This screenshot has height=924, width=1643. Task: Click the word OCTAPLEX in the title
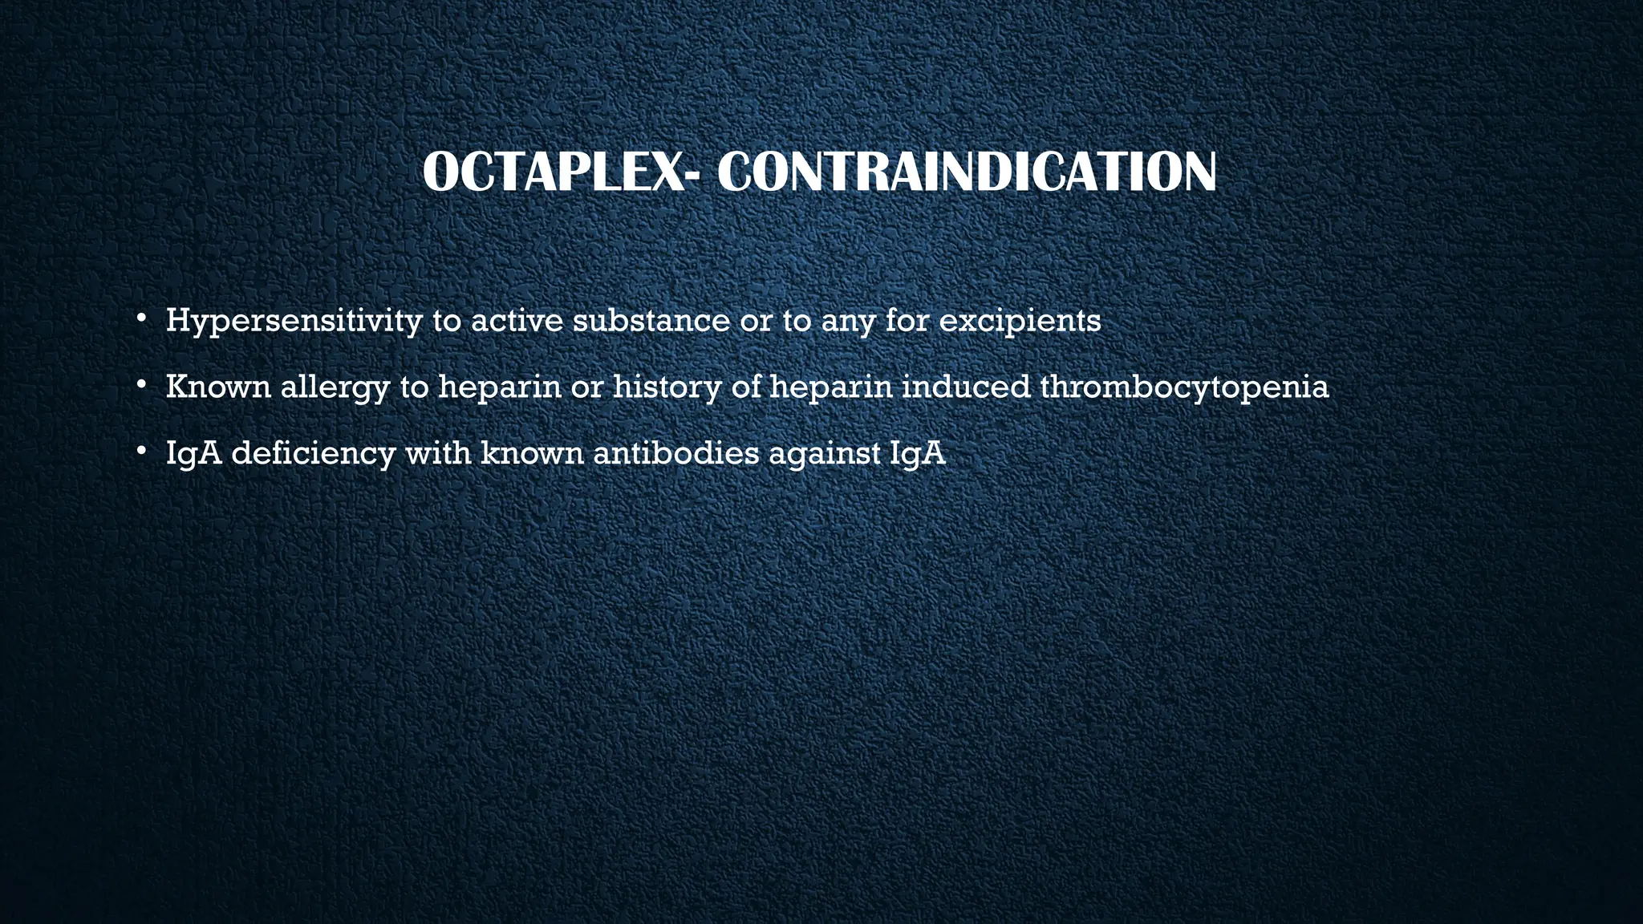[553, 172]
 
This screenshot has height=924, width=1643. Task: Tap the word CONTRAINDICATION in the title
[966, 172]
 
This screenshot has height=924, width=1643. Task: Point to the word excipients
[1020, 321]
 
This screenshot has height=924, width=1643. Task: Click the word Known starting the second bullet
[218, 387]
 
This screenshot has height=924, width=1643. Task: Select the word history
[666, 387]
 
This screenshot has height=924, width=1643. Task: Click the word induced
[966, 387]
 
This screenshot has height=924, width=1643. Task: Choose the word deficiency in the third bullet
[314, 454]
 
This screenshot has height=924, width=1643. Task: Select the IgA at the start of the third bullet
[193, 454]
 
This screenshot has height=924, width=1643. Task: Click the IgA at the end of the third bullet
[918, 454]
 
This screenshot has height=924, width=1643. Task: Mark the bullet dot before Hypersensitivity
[140, 319]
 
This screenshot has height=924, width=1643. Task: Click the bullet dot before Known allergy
[140, 386]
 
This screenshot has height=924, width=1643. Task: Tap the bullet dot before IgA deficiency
[140, 452]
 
